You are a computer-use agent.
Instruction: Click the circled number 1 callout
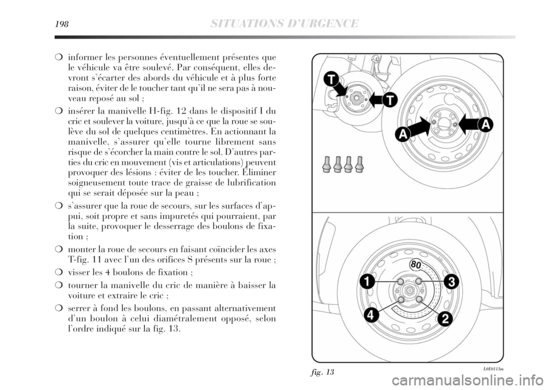[365, 282]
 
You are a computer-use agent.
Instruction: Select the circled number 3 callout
[451, 282]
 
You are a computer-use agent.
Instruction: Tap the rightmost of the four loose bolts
[360, 164]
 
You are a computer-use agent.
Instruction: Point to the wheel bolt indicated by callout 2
[419, 300]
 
